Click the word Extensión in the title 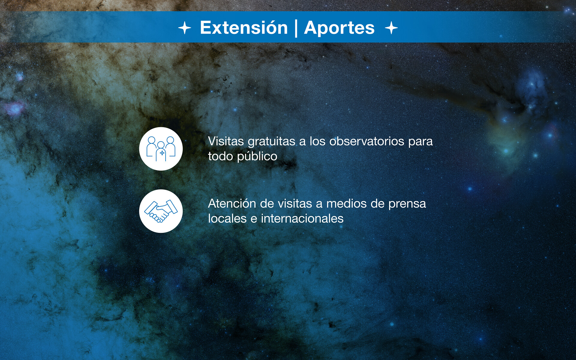click(244, 28)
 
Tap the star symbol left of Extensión click(184, 28)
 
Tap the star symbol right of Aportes click(391, 28)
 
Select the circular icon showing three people click(161, 149)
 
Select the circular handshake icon click(161, 211)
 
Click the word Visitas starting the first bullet click(226, 141)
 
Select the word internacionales click(302, 219)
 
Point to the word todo click(220, 156)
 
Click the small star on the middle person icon click(162, 153)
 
